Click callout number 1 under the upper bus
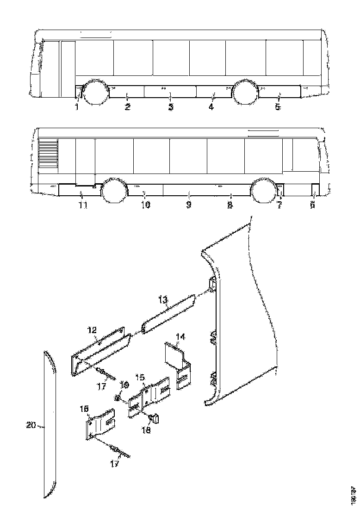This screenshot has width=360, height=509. (77, 107)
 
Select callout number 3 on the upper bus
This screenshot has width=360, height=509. (170, 107)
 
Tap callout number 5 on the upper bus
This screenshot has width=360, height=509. (278, 107)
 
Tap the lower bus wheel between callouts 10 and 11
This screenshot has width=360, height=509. (114, 191)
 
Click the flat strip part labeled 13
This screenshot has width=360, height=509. (170, 313)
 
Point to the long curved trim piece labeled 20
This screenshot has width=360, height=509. (50, 426)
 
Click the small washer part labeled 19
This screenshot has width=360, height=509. (118, 397)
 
